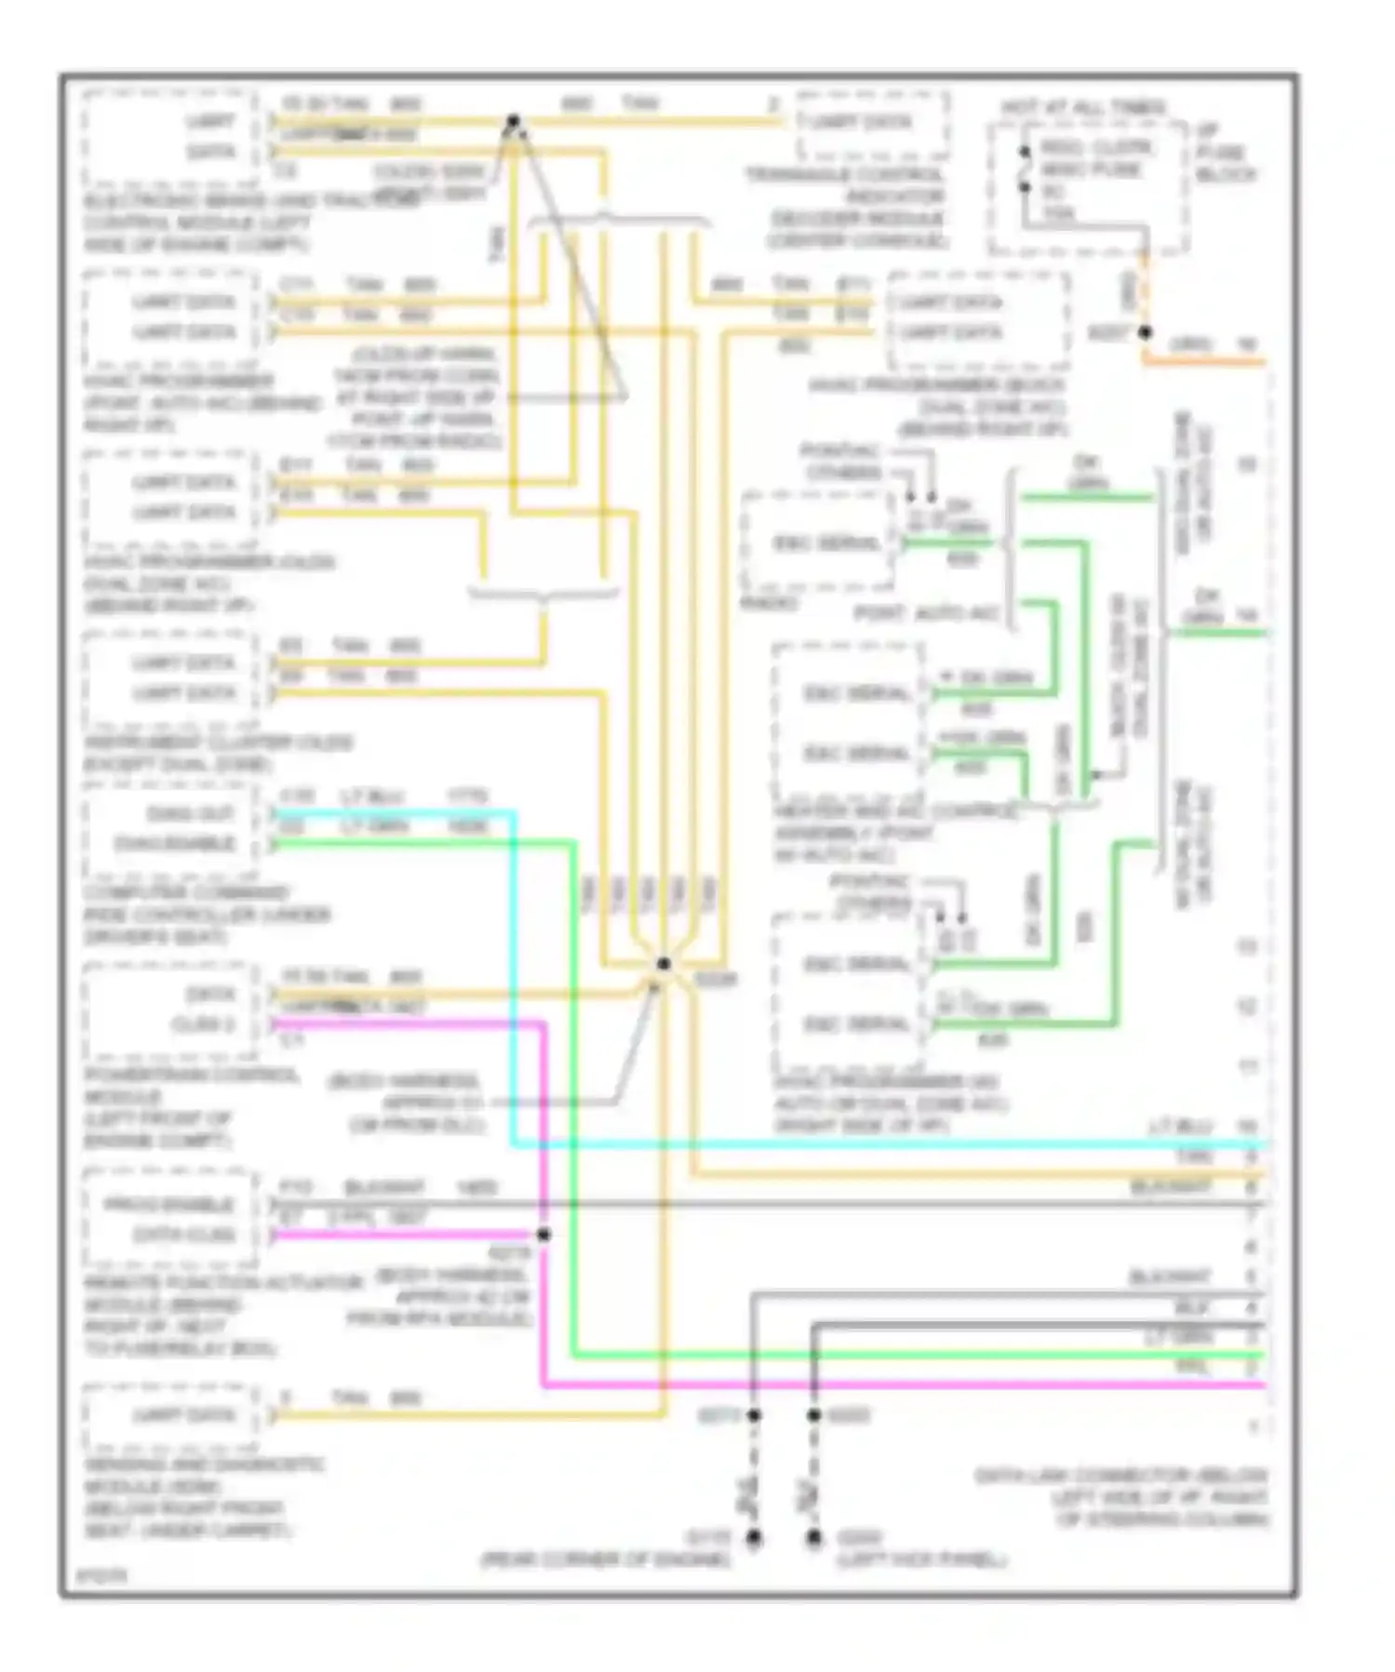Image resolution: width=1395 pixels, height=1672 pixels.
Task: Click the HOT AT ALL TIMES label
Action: (x=1082, y=108)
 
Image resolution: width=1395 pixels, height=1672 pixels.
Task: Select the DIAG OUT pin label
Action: (x=190, y=814)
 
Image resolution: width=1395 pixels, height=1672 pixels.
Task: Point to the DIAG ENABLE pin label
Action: (x=174, y=844)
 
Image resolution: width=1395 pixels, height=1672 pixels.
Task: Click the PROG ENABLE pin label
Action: (x=168, y=1205)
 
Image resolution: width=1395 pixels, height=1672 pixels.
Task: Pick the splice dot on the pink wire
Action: (x=544, y=1235)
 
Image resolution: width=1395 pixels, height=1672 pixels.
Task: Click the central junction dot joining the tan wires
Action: (x=664, y=964)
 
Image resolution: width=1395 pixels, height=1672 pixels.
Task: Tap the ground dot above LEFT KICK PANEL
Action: (x=814, y=1538)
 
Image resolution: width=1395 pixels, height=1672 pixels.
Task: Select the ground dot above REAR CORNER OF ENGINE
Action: (x=754, y=1538)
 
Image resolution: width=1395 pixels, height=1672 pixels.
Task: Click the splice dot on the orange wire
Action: (x=1146, y=332)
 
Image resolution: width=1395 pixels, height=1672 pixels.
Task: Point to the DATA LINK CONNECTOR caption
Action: (x=1120, y=1476)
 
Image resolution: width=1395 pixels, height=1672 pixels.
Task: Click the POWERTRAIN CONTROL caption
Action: (x=192, y=1076)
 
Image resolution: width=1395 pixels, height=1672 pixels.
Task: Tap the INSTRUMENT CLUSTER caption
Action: (x=218, y=742)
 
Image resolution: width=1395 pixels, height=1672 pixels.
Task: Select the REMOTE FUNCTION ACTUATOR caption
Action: (x=223, y=1283)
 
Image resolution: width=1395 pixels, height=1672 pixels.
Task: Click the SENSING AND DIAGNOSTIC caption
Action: (x=205, y=1465)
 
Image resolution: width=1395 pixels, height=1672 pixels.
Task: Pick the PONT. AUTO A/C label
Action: (x=926, y=614)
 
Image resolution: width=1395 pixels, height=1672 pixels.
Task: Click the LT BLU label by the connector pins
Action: (x=1180, y=1127)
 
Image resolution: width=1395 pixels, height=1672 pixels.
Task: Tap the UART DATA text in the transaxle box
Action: (x=861, y=123)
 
